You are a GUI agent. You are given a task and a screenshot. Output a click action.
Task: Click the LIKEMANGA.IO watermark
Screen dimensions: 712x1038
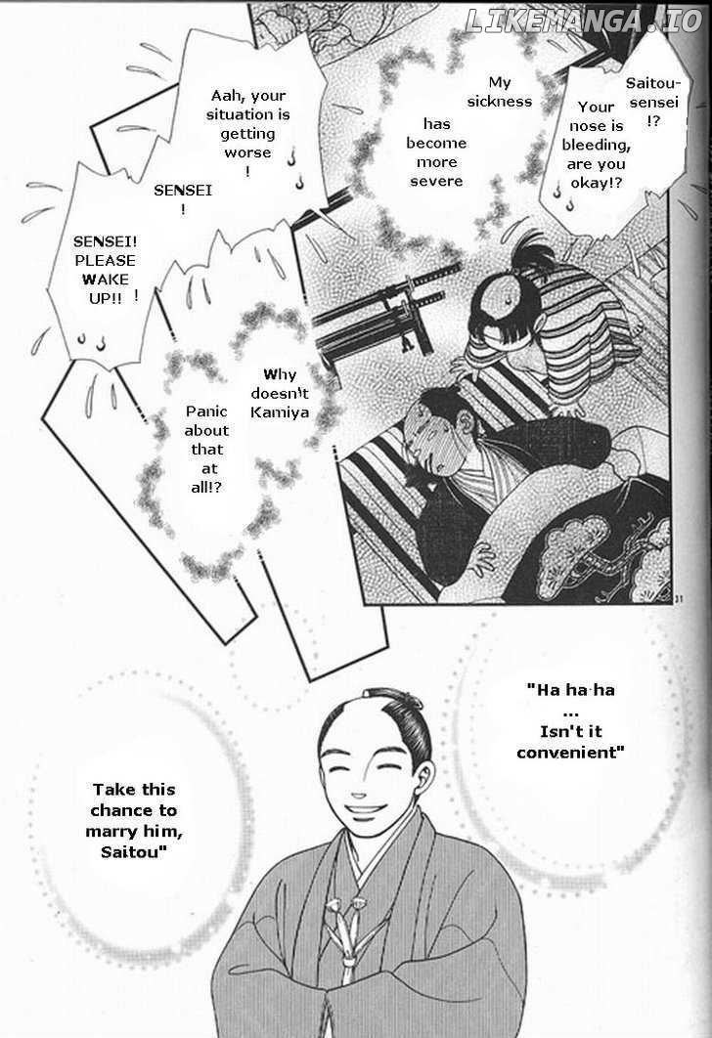[x=583, y=22]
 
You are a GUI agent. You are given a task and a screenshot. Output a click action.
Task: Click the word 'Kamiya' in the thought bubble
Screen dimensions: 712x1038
[x=280, y=411]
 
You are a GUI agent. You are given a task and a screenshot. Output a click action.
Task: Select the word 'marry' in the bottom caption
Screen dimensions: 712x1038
[x=110, y=832]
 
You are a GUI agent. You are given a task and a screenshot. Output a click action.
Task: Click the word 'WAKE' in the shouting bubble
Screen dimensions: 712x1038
[x=105, y=280]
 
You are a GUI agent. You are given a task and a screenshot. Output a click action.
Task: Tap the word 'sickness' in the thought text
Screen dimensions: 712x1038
[x=500, y=102]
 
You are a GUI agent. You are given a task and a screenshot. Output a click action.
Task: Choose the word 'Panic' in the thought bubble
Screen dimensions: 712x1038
[x=206, y=411]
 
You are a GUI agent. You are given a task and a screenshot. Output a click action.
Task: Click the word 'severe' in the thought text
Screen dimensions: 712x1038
[x=436, y=181]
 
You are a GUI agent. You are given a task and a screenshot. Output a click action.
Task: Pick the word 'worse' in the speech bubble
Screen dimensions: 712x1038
[x=247, y=152]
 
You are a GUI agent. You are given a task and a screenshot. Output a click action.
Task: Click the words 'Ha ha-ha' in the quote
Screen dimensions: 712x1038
[x=571, y=690]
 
